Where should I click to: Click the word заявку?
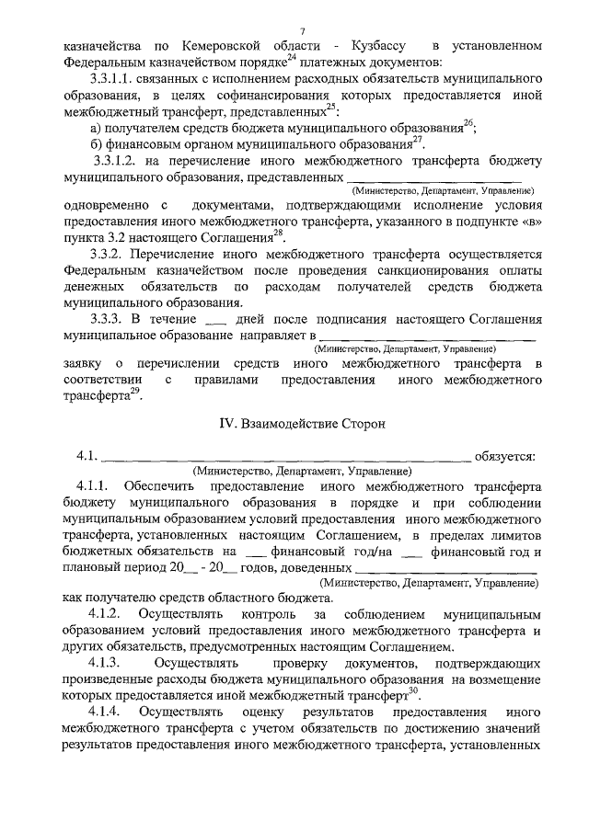[x=83, y=366]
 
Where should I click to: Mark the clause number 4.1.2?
[x=99, y=613]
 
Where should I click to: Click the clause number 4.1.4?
[x=99, y=712]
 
